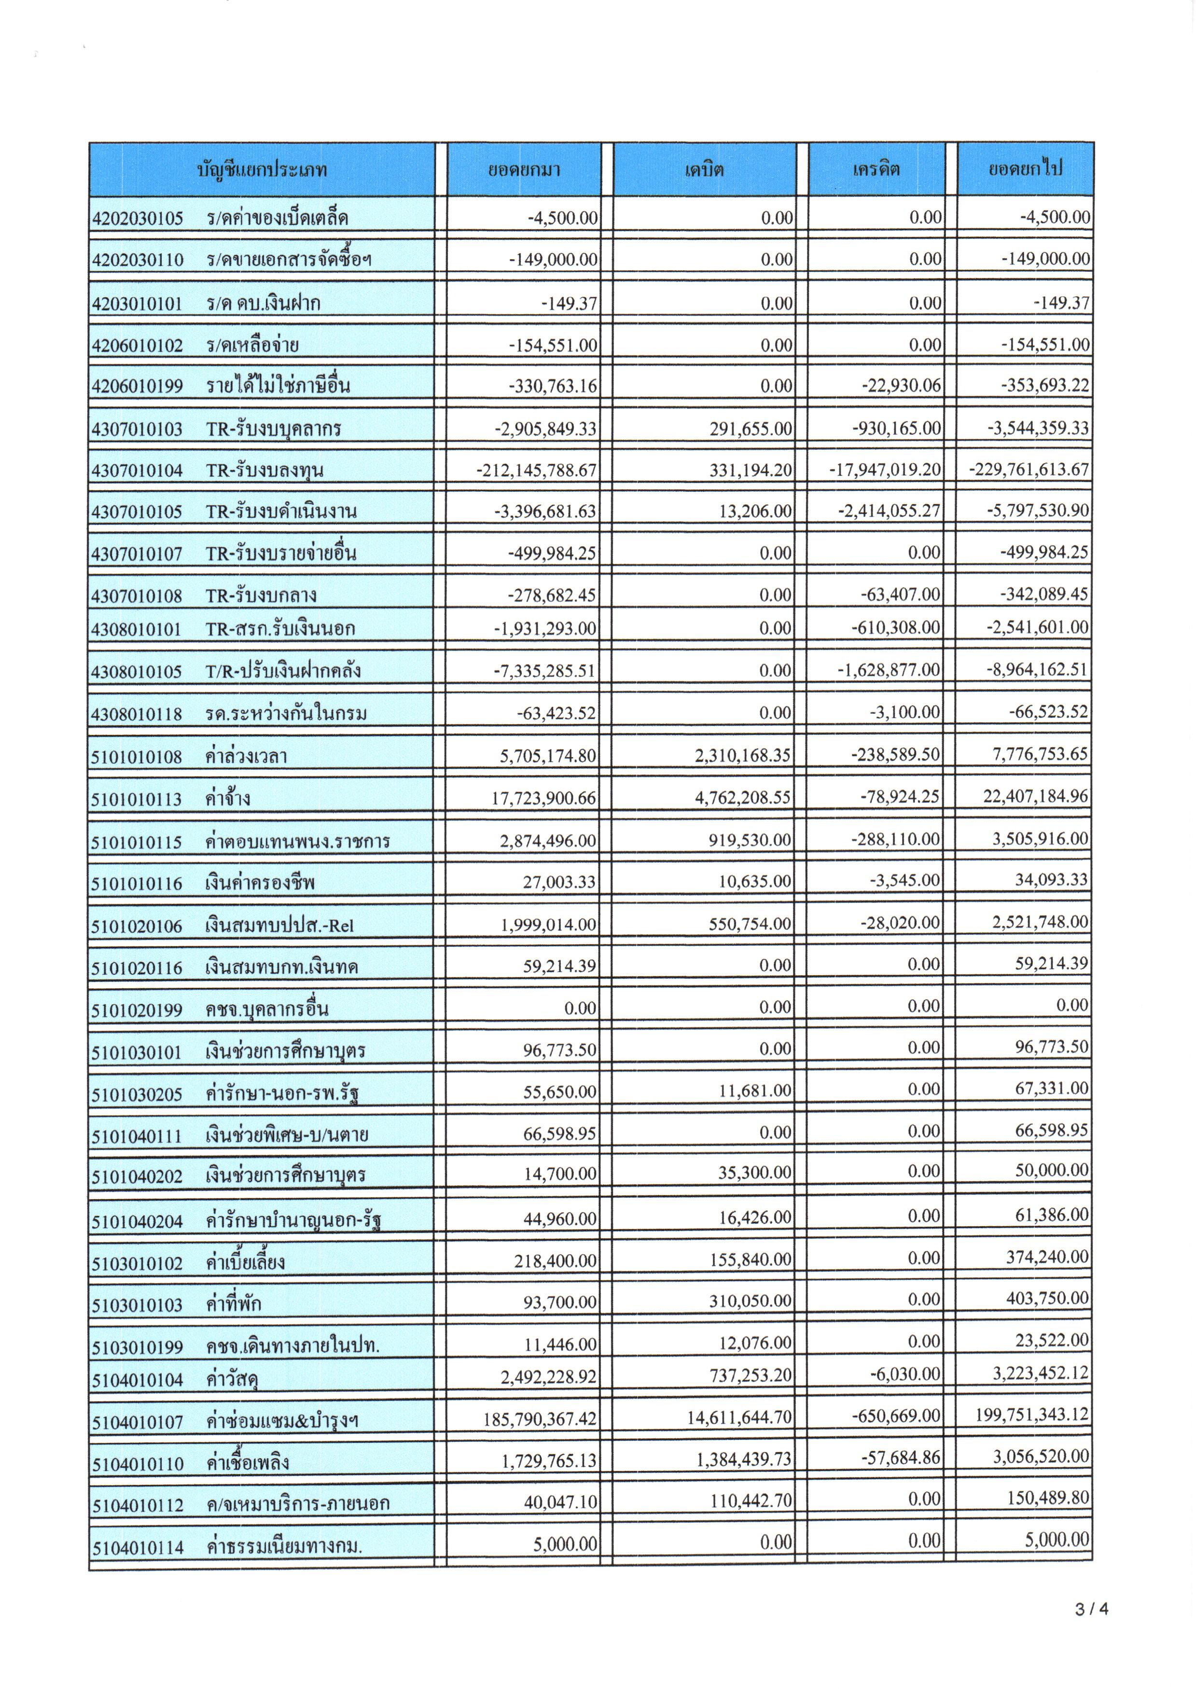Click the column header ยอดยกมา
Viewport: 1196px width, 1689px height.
tap(524, 170)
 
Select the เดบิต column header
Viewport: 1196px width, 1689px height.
tap(704, 170)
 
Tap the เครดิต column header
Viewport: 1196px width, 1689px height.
tap(876, 170)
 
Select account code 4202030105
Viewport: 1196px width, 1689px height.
tap(137, 219)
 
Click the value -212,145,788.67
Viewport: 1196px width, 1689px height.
tap(536, 470)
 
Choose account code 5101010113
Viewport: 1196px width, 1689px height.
tap(137, 799)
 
